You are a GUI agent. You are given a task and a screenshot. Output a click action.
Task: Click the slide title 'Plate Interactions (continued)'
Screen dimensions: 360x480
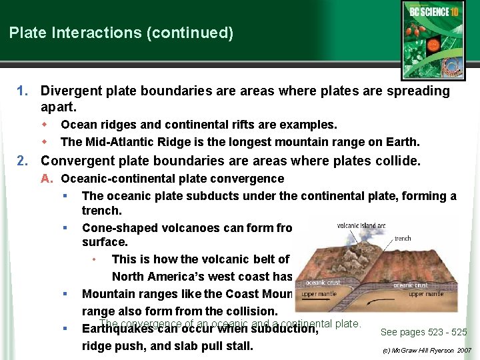(121, 33)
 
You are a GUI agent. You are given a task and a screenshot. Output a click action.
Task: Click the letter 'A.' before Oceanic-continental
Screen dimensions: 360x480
(46, 179)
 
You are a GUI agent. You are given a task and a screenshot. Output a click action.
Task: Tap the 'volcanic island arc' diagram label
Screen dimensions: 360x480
(361, 225)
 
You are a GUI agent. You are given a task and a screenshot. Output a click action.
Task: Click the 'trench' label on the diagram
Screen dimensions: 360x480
(403, 238)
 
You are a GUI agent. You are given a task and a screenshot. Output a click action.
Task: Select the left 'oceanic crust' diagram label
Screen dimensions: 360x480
(323, 283)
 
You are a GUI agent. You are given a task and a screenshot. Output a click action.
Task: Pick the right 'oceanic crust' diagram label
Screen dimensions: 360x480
(411, 285)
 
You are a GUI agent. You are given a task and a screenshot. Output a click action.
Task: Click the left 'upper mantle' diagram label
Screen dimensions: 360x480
(318, 293)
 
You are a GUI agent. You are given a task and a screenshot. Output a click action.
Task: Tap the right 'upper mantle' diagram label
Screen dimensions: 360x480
(426, 294)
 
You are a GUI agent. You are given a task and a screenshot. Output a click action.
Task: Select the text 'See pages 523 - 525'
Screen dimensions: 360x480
(423, 332)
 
